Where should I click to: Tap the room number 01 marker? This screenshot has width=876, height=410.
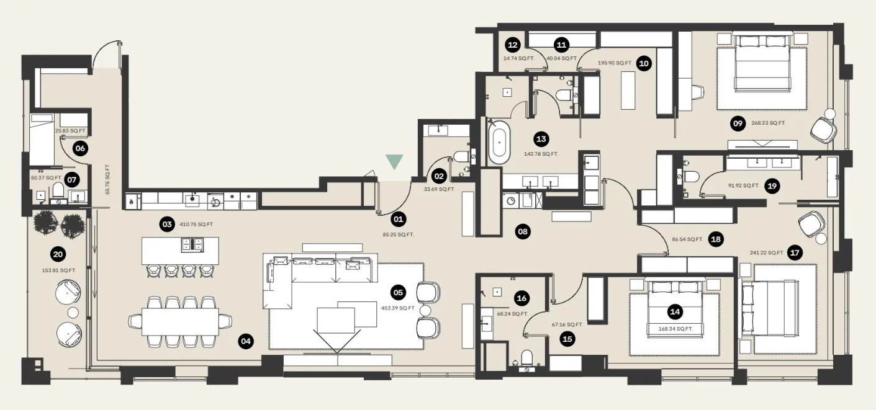398,219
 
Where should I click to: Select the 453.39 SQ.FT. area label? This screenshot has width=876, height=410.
397,308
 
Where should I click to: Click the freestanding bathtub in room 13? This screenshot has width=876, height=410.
499,143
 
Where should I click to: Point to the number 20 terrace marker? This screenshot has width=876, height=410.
58,254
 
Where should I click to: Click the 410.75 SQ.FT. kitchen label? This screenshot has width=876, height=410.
197,224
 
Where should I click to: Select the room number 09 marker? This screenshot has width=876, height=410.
738,123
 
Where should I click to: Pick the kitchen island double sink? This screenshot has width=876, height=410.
190,244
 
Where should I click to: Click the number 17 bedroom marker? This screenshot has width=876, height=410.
794,252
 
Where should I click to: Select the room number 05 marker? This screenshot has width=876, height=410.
398,292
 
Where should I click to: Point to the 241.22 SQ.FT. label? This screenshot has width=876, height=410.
767,252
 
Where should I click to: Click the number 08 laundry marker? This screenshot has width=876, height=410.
522,232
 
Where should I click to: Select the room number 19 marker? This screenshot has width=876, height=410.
772,185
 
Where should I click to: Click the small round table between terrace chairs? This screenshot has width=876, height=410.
73,313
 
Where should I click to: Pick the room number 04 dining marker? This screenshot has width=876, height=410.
246,341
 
